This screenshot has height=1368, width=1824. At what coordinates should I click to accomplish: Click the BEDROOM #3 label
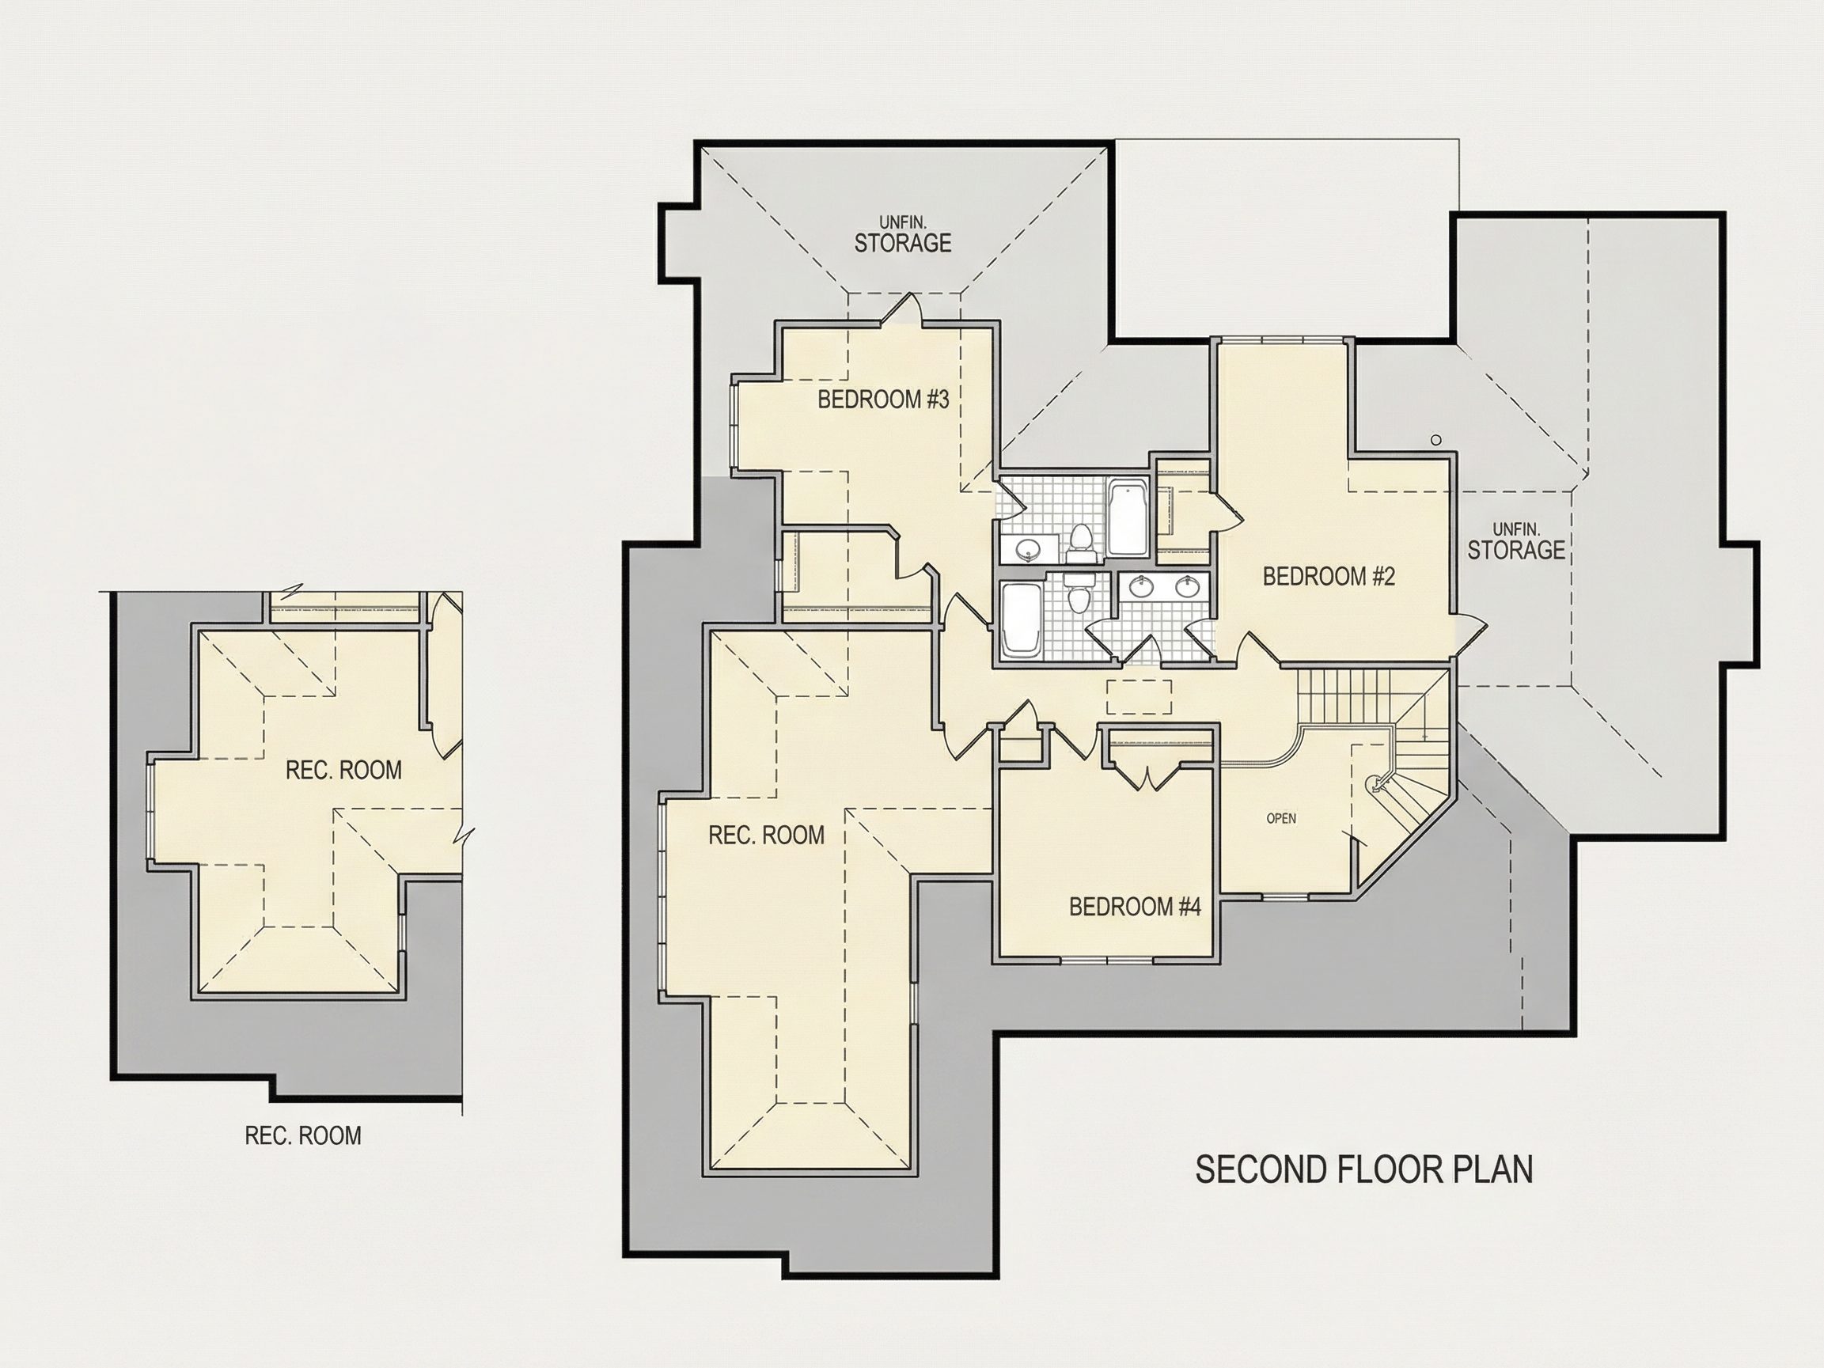[883, 400]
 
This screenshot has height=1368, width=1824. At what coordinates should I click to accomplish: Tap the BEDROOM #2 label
[1329, 576]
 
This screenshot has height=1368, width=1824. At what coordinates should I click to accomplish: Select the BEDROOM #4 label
[1135, 907]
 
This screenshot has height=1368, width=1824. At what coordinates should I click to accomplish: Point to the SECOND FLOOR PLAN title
[1364, 1170]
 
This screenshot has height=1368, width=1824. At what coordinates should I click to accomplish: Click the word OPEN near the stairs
[1281, 819]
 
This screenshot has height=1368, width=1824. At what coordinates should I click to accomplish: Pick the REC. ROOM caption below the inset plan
[303, 1135]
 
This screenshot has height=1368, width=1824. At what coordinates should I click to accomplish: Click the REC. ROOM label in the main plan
[767, 836]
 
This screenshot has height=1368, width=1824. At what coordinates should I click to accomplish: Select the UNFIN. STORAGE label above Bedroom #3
[903, 234]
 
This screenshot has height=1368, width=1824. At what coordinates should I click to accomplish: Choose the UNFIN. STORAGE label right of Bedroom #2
[1516, 541]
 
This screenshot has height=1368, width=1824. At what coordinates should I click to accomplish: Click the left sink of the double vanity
[1141, 587]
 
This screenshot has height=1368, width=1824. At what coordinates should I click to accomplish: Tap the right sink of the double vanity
[1188, 587]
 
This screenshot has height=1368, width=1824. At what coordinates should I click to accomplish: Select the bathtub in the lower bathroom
[1021, 620]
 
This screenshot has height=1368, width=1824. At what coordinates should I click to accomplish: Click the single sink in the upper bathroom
[1027, 548]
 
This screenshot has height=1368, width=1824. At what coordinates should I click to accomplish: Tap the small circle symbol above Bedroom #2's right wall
[1435, 441]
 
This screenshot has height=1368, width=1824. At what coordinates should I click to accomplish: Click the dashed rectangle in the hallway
[1139, 697]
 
